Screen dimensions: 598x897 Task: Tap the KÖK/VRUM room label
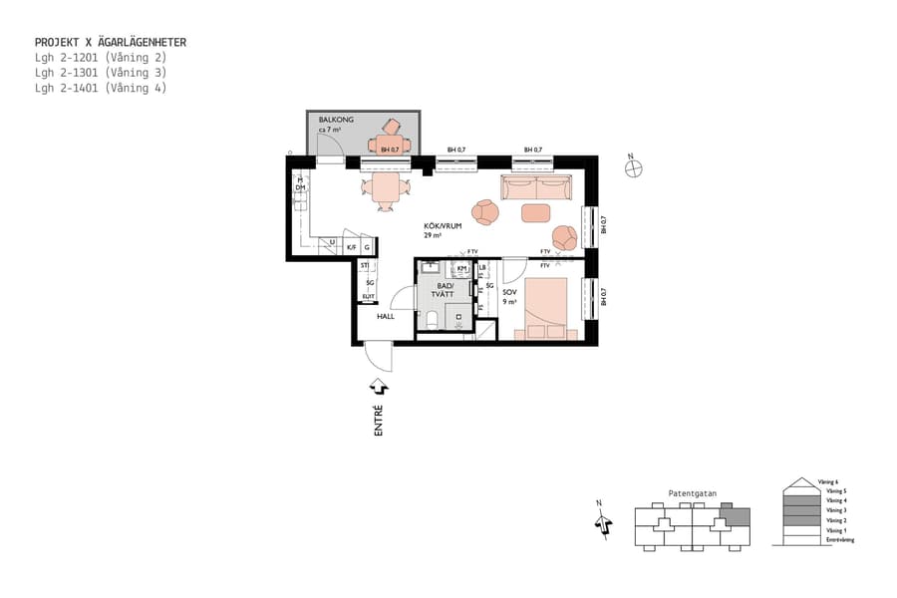[443, 226]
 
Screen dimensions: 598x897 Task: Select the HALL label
[385, 316]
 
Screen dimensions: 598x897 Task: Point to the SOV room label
[509, 291]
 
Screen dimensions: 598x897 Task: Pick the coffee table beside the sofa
[535, 212]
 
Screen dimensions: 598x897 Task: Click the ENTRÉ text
[378, 419]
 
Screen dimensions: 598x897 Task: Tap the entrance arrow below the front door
[379, 386]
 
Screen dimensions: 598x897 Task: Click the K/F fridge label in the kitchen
[352, 246]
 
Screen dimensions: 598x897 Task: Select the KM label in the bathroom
[461, 268]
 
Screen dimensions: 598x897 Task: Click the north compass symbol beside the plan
[633, 167]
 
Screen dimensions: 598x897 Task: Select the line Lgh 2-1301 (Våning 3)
[100, 73]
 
